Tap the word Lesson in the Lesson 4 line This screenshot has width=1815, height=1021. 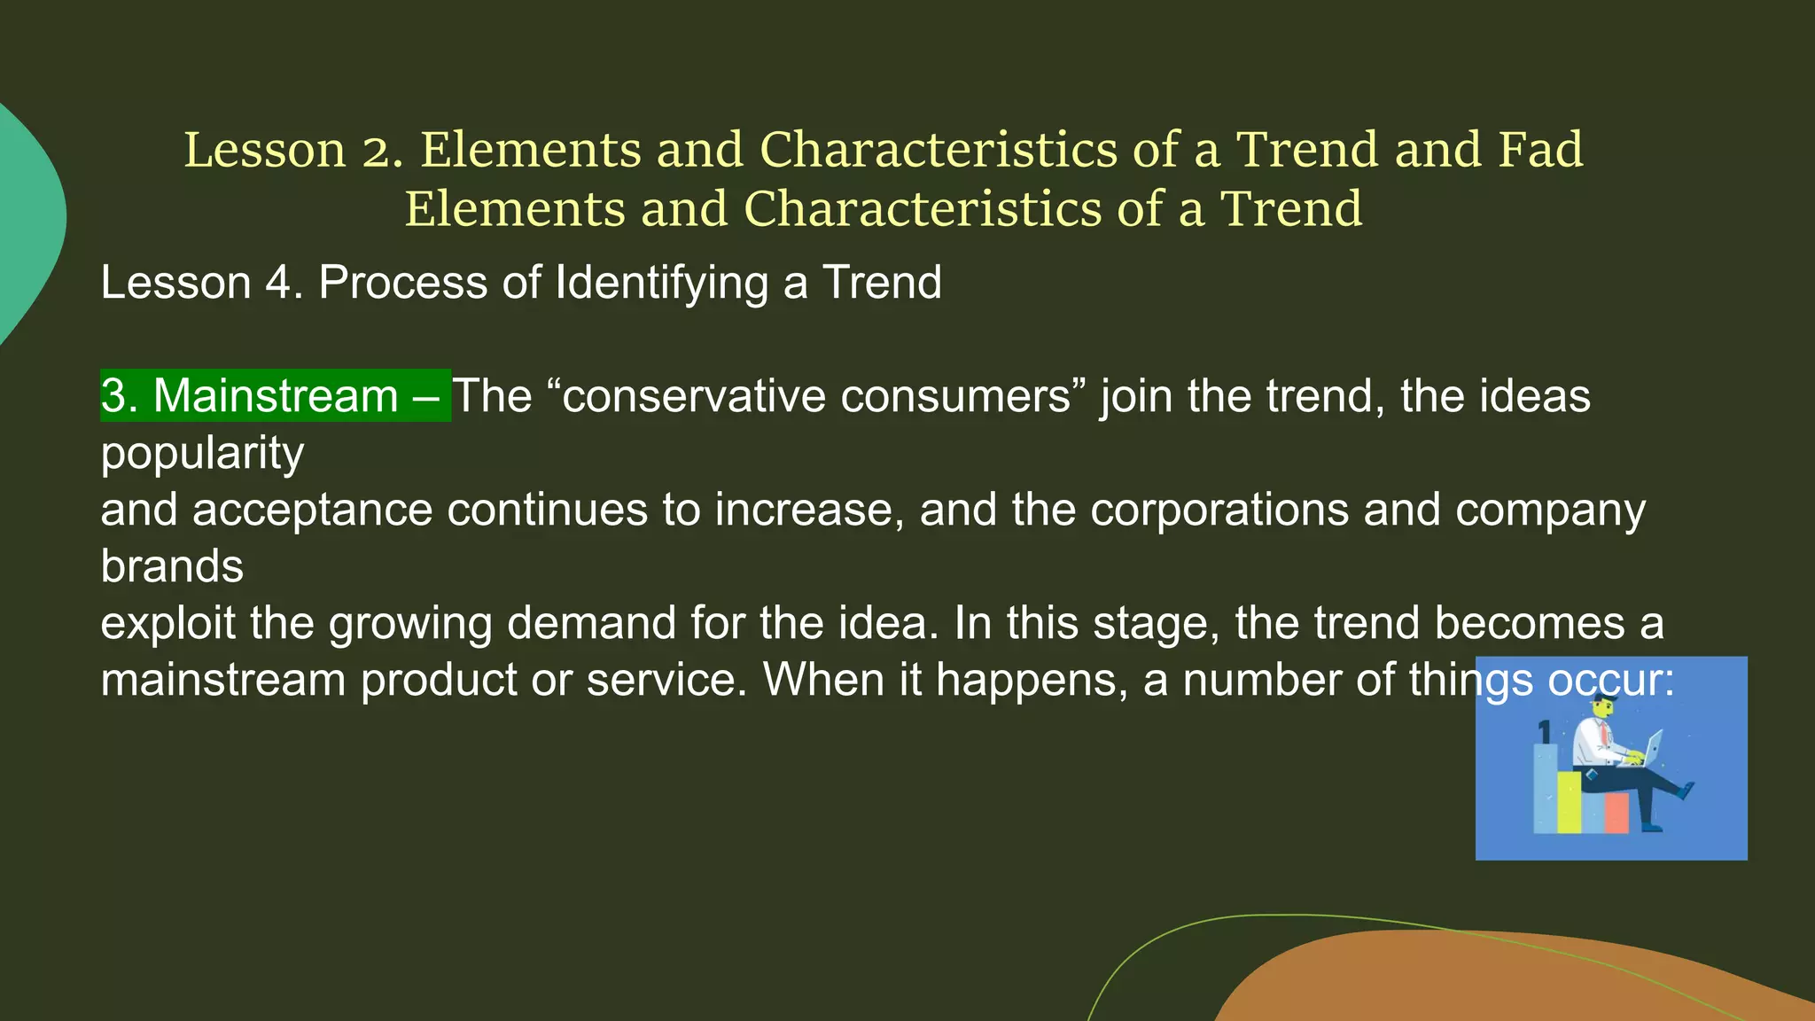coord(175,283)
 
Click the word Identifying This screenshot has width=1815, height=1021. coord(661,284)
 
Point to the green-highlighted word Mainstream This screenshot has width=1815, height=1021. coord(276,395)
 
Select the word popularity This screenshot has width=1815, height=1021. coord(202,454)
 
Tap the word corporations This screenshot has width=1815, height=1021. coord(1219,510)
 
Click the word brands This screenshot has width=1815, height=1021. coord(172,566)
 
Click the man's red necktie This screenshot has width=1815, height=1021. coord(1605,735)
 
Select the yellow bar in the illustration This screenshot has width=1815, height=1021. coord(1570,801)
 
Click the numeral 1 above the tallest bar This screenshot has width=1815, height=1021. coord(1545,732)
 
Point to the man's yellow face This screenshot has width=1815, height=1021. coord(1602,709)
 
